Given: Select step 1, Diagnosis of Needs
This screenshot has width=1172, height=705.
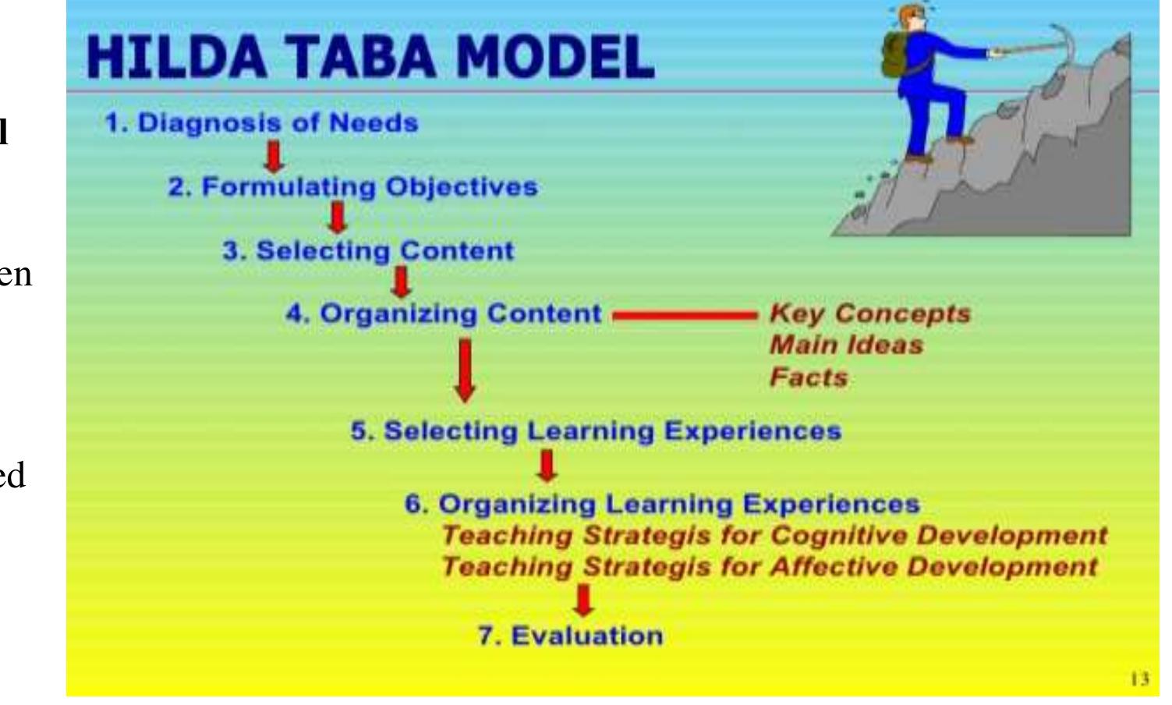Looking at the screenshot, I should [x=262, y=124].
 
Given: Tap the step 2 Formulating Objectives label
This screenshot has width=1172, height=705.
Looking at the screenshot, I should [x=353, y=188].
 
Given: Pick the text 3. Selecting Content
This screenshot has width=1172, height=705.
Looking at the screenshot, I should [x=368, y=251].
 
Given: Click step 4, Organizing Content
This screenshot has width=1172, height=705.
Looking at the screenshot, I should [x=443, y=314].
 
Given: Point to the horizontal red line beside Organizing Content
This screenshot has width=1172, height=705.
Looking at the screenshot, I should [x=685, y=317].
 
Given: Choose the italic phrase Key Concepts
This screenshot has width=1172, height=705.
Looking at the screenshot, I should [x=869, y=314].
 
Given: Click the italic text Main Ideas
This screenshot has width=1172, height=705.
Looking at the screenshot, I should [x=846, y=345].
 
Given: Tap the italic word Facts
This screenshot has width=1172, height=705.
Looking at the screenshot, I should [x=808, y=377].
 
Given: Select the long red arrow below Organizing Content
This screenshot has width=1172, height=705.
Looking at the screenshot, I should [x=465, y=370].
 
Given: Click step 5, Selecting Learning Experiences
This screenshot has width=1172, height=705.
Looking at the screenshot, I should [x=596, y=431].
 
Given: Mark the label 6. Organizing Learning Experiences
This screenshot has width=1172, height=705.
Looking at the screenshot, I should [x=661, y=504].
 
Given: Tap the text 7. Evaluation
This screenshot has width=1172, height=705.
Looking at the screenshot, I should [x=570, y=636].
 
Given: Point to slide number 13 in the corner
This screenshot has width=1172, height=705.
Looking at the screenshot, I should [x=1139, y=680].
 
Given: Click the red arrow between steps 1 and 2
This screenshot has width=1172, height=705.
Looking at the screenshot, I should [x=273, y=156].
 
